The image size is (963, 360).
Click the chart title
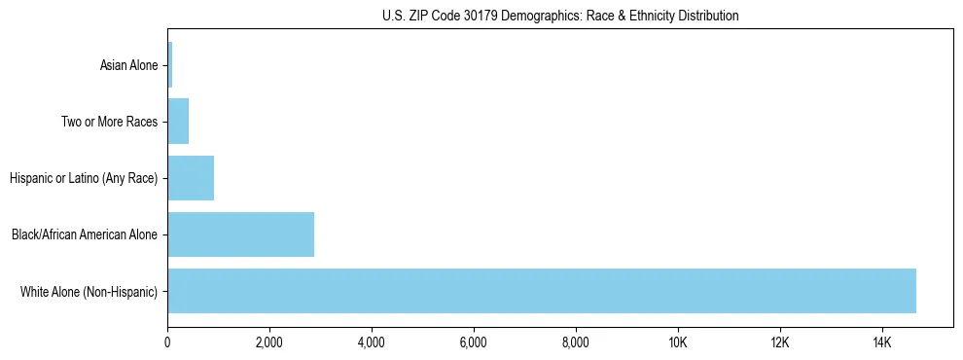pos(560,16)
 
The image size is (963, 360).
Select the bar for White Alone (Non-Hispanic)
pos(542,291)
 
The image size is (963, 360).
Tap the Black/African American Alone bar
pos(240,234)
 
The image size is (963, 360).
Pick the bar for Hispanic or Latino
pos(191,178)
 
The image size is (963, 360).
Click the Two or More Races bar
pos(178,122)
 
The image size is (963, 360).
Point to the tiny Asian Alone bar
pos(170,65)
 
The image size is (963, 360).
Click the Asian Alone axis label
pos(128,66)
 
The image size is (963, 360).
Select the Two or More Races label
pos(109,123)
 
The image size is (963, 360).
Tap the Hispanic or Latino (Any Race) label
pos(84,178)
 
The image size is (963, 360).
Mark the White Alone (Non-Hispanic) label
pos(89,291)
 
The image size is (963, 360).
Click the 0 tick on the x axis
pos(167,342)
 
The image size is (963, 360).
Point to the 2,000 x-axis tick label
pos(269,342)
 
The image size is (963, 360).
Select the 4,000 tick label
pos(372,342)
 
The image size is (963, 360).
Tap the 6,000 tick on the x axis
pos(474,342)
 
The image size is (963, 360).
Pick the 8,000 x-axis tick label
pos(576,342)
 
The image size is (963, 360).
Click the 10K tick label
pos(678,342)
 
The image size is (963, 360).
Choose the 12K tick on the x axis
pos(780,342)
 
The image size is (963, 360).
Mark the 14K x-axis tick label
pos(882,342)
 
